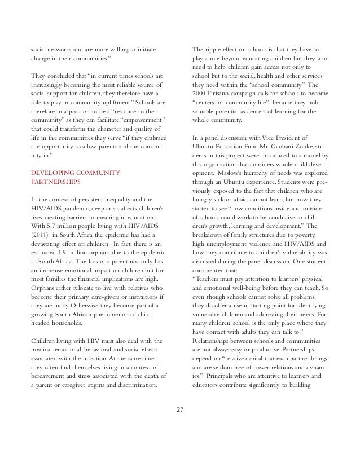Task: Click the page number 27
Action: (180, 409)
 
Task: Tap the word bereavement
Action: (54, 376)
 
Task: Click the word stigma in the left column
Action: (114, 386)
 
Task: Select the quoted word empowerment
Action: (138, 119)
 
